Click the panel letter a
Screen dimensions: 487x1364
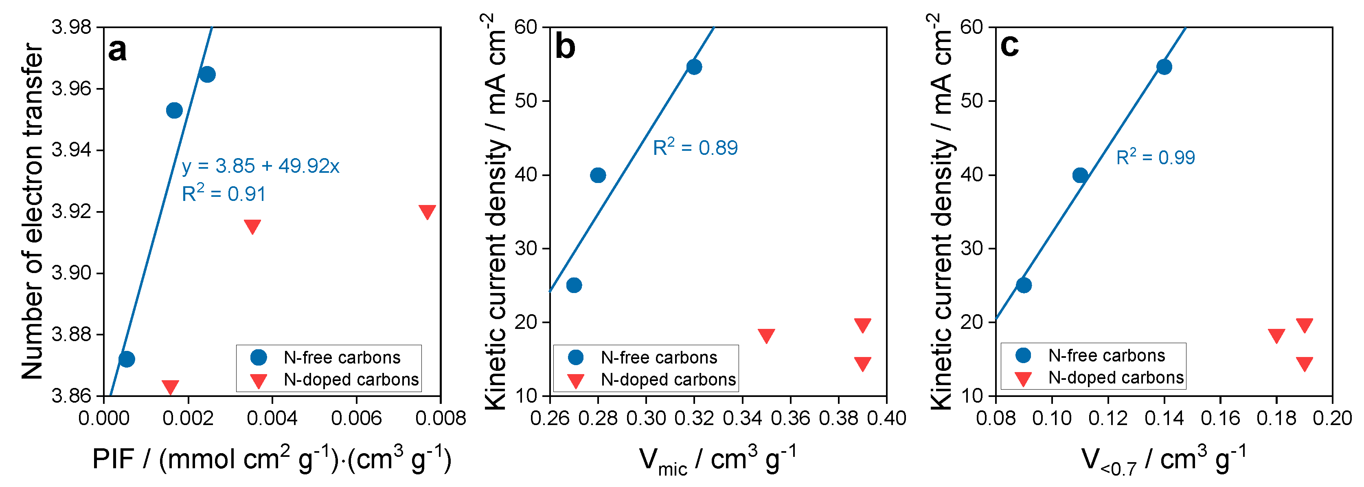coord(118,51)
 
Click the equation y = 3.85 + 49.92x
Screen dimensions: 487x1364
coord(260,166)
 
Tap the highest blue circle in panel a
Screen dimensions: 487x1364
coord(207,74)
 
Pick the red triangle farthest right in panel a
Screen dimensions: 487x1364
coord(427,212)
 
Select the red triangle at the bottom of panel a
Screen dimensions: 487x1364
coord(170,387)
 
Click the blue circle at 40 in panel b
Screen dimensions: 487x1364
coord(598,175)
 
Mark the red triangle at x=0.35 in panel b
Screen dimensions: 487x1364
coord(766,335)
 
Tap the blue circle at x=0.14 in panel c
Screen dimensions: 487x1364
coord(1164,67)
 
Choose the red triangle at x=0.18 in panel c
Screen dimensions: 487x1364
coord(1276,335)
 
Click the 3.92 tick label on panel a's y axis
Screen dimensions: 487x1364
coord(71,212)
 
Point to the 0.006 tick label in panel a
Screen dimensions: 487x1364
coord(356,419)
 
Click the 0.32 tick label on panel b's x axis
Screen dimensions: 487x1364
coord(694,419)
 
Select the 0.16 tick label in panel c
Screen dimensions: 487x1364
coord(1220,419)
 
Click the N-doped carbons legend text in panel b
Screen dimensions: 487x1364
coord(668,379)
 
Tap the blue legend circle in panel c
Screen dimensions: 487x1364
coord(1024,355)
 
